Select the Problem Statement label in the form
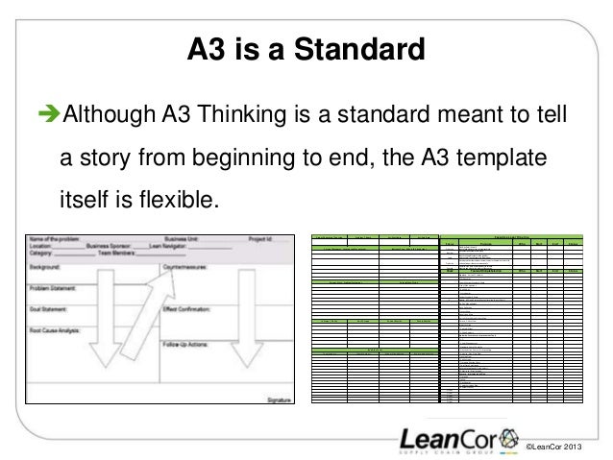(65, 286)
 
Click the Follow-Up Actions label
(197, 343)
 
